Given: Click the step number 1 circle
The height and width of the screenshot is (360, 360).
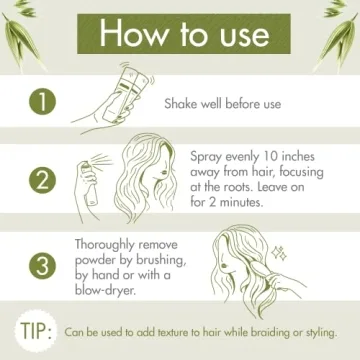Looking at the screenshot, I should [40, 103].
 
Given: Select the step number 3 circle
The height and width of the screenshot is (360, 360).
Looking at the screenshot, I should [40, 266].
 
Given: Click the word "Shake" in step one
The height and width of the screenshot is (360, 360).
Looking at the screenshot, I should [187, 103].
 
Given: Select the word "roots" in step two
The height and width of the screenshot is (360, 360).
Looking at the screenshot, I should [244, 185].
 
